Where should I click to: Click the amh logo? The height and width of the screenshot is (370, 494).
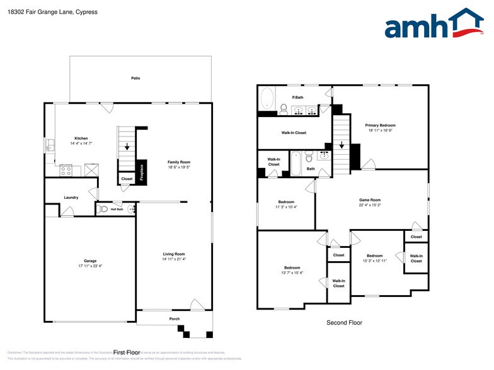[x=434, y=25]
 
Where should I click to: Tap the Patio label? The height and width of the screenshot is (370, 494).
[x=135, y=78]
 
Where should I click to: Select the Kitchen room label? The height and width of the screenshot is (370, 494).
[x=81, y=138]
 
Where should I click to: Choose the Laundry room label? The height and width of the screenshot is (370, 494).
[x=71, y=198]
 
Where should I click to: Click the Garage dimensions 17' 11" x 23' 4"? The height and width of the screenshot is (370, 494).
[x=90, y=266]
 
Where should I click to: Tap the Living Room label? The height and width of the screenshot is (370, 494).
[x=174, y=254]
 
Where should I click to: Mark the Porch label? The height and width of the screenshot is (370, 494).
[x=175, y=319]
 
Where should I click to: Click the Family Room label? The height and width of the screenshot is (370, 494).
[x=179, y=162]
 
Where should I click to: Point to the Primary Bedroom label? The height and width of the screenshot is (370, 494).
[x=381, y=125]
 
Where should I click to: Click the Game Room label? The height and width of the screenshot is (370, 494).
[x=370, y=199]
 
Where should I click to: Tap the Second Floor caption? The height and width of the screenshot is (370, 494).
[x=344, y=323]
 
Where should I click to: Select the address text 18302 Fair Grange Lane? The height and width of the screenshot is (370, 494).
[x=38, y=11]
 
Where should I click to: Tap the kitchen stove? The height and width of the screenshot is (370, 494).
[x=66, y=170]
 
